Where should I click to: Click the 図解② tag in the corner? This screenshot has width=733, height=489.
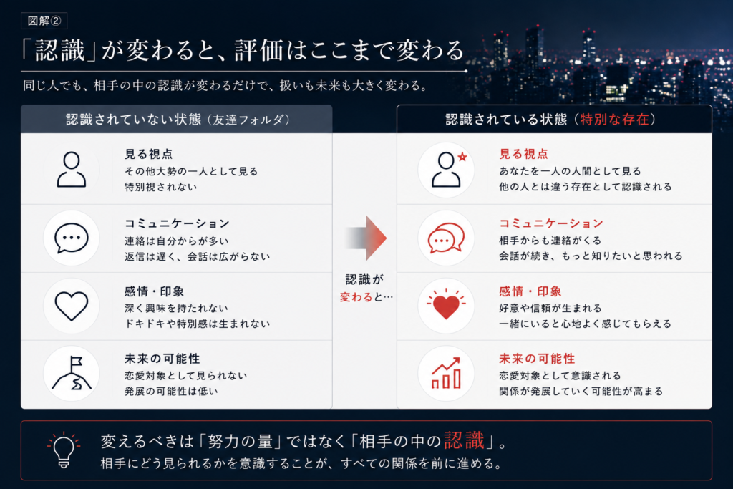click(x=44, y=21)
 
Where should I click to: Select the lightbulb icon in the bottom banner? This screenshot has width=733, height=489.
click(x=64, y=450)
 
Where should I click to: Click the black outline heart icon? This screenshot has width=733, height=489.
click(x=72, y=306)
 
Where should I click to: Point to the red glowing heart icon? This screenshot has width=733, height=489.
click(x=446, y=305)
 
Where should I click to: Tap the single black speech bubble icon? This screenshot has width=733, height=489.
click(x=72, y=238)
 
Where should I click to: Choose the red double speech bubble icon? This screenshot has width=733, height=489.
click(x=446, y=238)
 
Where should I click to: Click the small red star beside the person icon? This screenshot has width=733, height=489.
click(x=462, y=157)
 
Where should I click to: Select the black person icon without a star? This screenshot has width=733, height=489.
click(x=72, y=170)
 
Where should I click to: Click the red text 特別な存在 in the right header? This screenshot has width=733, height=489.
click(x=614, y=120)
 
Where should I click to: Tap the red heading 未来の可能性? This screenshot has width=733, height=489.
click(x=537, y=359)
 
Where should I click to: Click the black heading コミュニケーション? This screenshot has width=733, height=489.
click(x=177, y=223)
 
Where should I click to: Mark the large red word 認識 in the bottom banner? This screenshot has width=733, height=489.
click(x=464, y=440)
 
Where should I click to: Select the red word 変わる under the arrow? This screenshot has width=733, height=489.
click(x=356, y=297)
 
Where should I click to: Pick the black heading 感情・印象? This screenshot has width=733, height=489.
click(x=154, y=291)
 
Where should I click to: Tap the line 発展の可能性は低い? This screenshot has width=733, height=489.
click(x=171, y=392)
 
